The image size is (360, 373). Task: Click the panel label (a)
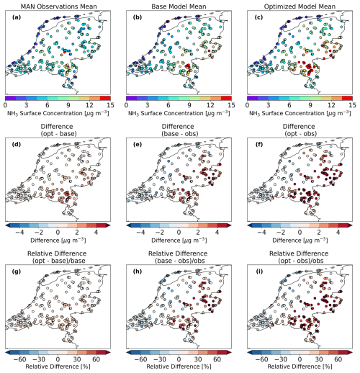click(x=17, y=17)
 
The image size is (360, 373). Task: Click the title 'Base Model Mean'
click(x=179, y=6)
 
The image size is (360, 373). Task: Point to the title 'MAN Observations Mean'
click(x=59, y=6)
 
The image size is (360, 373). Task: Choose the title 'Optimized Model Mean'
click(x=300, y=6)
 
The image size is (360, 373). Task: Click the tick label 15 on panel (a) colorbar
click(x=110, y=105)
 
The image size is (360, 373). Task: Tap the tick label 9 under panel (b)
click(x=189, y=105)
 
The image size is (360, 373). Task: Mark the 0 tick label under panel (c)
click(x=247, y=105)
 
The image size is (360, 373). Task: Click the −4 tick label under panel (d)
click(x=19, y=233)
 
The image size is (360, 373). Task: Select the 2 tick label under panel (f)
click(x=319, y=233)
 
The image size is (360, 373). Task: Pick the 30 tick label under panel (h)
click(x=198, y=359)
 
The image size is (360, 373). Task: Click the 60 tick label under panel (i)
click(x=338, y=359)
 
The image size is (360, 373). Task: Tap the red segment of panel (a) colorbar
click(x=105, y=98)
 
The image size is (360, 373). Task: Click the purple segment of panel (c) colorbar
click(x=253, y=98)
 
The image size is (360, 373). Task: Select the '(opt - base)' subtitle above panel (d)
click(x=59, y=134)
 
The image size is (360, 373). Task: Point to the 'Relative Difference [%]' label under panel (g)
click(x=58, y=367)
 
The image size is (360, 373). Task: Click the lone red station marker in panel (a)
click(x=65, y=51)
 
